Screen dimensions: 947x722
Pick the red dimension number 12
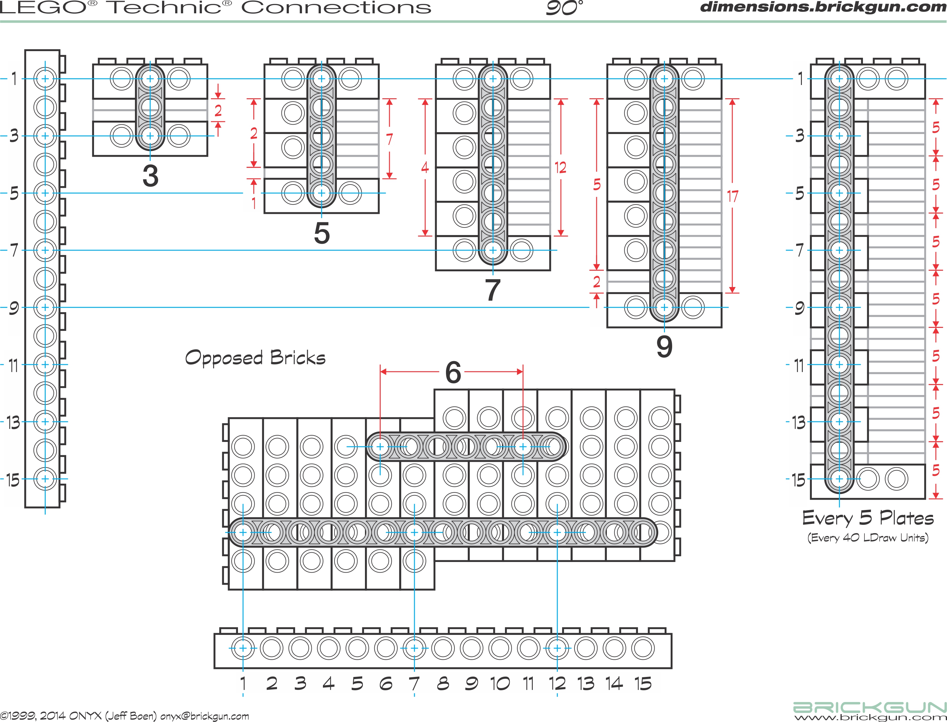[560, 167]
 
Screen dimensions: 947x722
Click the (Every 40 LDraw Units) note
[868, 537]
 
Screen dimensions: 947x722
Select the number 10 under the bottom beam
[500, 683]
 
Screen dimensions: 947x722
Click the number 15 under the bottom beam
[643, 683]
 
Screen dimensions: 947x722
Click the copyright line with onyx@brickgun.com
[125, 716]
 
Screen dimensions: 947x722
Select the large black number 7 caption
[493, 290]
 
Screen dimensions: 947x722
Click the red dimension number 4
[425, 167]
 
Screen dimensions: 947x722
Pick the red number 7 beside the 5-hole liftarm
[389, 139]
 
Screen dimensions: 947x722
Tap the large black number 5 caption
[322, 233]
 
